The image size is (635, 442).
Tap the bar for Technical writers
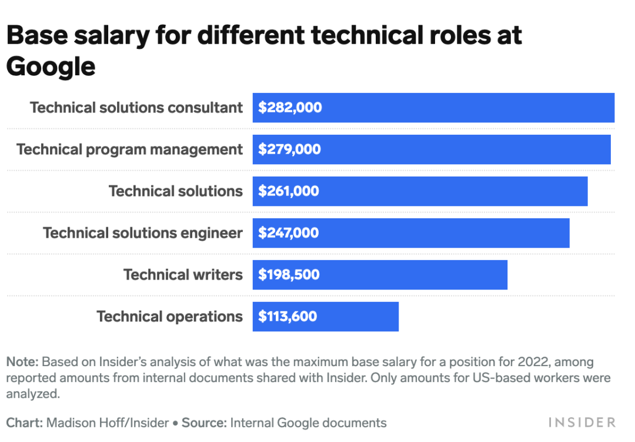point(412,275)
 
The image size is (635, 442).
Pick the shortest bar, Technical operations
point(359,317)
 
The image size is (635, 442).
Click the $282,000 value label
point(290,108)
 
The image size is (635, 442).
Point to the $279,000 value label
point(290,149)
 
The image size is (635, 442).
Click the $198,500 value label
point(289,275)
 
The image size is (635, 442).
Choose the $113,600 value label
point(288,317)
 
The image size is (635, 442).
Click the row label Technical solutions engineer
point(143,233)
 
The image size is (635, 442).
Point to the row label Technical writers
point(183,275)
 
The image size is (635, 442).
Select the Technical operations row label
point(169,317)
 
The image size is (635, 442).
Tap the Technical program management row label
point(129,149)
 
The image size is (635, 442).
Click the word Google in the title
point(51,67)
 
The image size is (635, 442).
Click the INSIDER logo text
point(581,423)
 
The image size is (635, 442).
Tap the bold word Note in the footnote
point(22,361)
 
